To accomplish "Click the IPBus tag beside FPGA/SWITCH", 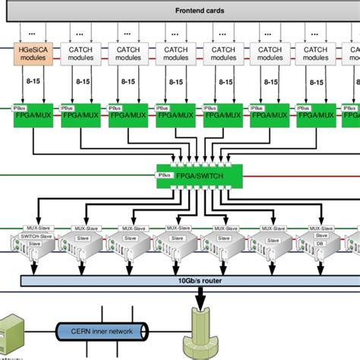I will tap(163, 175).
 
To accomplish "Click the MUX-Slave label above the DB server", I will tap(319, 227).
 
